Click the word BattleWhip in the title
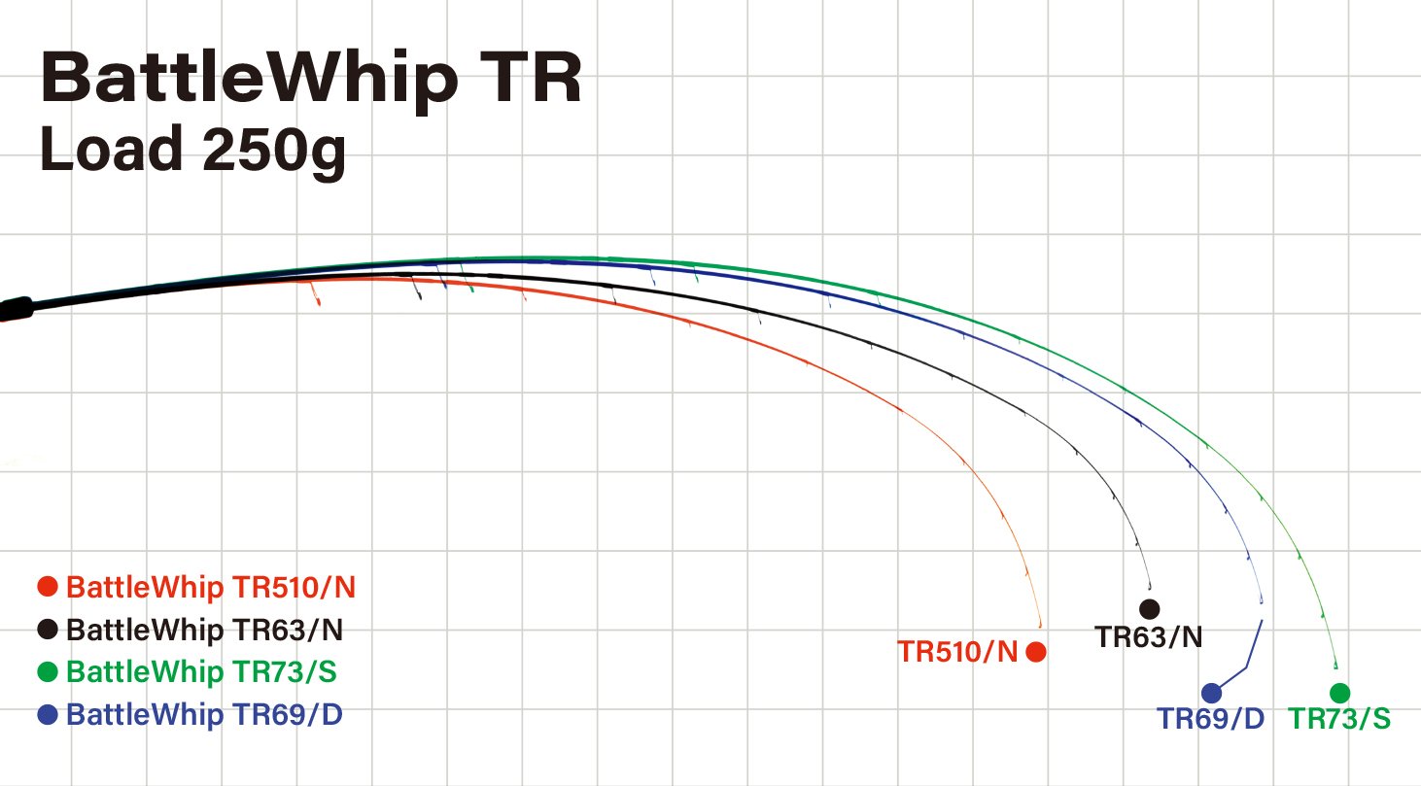(x=248, y=80)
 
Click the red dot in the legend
(x=48, y=587)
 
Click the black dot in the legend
(x=48, y=630)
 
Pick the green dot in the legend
(x=48, y=672)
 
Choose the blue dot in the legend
(x=48, y=715)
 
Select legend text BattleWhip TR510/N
(x=211, y=587)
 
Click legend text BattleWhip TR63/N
(x=204, y=630)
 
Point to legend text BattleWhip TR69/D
(x=204, y=715)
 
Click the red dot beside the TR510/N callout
(x=1036, y=652)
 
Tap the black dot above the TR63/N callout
(x=1150, y=609)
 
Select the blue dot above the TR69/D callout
(x=1211, y=693)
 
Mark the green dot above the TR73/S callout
(x=1340, y=693)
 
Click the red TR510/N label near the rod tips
(x=957, y=652)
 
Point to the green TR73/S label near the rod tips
(x=1339, y=719)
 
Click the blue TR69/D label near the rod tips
(x=1210, y=719)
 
